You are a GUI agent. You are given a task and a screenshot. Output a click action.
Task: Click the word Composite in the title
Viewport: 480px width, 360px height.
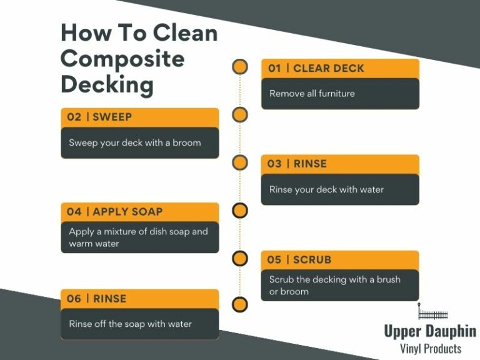click(122, 59)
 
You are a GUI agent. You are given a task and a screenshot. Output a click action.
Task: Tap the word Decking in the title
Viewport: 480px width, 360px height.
click(107, 84)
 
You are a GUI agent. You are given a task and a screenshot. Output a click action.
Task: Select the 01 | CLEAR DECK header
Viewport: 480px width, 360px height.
click(316, 68)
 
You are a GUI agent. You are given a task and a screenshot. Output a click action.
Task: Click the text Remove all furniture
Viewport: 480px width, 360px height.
click(312, 93)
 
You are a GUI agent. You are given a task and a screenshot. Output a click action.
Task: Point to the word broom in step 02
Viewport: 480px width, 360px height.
click(186, 142)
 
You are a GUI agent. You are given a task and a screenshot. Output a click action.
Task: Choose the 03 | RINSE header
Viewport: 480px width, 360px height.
click(297, 164)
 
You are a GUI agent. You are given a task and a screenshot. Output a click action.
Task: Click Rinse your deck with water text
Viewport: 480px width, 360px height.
click(326, 189)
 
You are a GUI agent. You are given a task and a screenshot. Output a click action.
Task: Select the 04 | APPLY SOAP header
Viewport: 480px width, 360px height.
click(115, 212)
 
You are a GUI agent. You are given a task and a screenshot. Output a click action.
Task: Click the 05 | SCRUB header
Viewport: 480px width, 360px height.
click(300, 259)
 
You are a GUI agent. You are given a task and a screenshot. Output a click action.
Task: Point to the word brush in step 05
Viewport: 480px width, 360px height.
click(388, 279)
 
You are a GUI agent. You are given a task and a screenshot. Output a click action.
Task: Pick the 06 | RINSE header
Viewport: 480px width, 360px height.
click(97, 299)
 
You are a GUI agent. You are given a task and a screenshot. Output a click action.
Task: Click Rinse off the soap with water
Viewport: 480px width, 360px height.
click(130, 324)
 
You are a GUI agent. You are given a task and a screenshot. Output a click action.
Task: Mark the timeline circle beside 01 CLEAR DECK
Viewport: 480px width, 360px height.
click(240, 67)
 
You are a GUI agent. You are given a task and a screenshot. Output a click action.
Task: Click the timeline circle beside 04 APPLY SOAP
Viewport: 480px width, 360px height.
click(240, 211)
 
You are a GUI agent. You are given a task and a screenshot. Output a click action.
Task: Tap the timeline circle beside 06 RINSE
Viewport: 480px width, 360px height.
click(240, 304)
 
